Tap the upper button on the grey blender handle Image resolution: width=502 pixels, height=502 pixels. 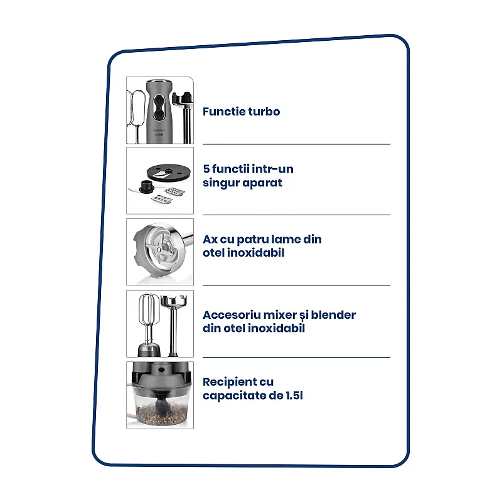(159, 101)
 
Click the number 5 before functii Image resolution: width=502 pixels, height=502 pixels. (206, 169)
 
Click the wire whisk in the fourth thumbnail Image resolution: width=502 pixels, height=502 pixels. (147, 314)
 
